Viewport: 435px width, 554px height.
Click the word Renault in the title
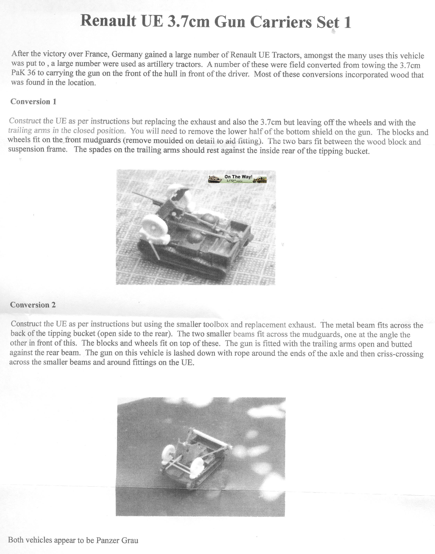point(108,21)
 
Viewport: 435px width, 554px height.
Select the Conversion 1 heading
point(33,101)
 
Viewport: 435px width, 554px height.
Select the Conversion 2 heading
point(33,305)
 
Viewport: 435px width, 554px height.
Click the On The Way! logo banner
point(237,179)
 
